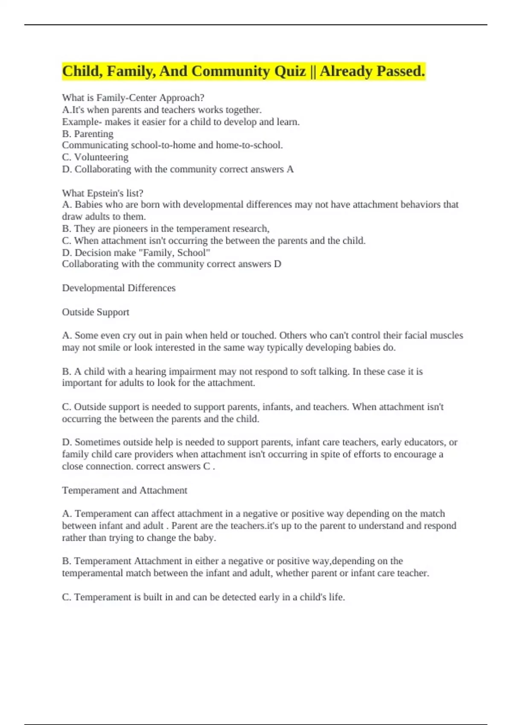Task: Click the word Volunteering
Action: pos(101,157)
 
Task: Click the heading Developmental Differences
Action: pos(119,288)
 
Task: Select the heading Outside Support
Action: pos(96,312)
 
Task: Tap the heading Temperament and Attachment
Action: pos(125,490)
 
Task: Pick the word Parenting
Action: pos(93,134)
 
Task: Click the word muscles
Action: pos(446,336)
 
